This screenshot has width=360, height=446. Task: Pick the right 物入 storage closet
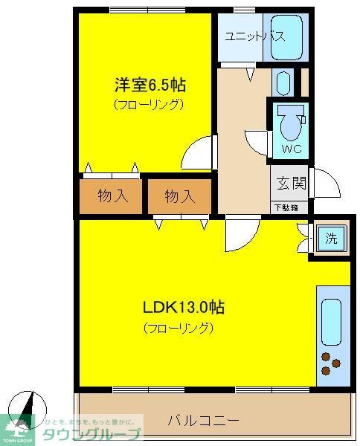tap(179, 197)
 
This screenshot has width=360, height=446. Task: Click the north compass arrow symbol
tap(28, 405)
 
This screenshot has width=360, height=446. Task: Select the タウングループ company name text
tap(90, 435)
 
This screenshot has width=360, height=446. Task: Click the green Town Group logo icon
tap(18, 429)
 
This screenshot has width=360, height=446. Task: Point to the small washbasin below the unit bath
tap(282, 82)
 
